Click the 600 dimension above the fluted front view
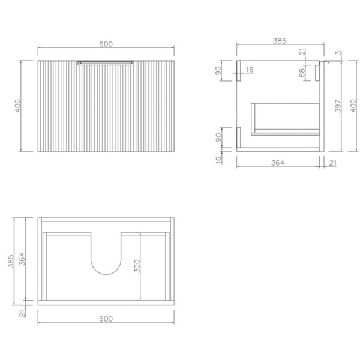coord(106,44)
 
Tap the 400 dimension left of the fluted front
coord(17,106)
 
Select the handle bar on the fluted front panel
coord(106,63)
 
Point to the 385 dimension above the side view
coord(280,41)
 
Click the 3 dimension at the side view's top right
coord(338,53)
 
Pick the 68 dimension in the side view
coord(302,73)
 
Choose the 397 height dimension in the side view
coord(338,106)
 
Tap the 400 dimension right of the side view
coord(353,106)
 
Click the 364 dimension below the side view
coord(278,163)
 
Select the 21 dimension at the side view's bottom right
coord(333,163)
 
